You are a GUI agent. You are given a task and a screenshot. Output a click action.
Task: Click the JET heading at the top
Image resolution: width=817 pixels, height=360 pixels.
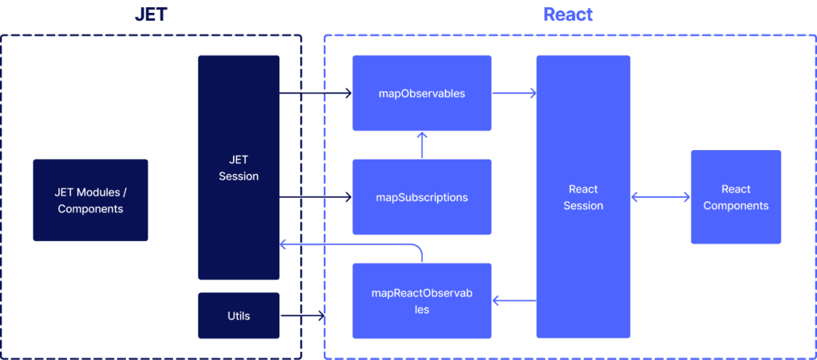(x=150, y=14)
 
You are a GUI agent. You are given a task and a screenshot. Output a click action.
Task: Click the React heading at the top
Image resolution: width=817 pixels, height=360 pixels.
(x=568, y=14)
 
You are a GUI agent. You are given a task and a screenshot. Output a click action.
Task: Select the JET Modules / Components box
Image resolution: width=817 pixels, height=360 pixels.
(x=90, y=200)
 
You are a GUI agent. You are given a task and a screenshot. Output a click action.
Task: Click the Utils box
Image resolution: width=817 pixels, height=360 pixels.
(x=239, y=315)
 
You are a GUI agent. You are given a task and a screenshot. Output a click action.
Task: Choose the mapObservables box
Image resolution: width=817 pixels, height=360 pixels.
(x=422, y=93)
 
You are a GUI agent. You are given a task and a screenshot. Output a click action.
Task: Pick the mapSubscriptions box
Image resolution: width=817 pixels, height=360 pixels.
(x=422, y=197)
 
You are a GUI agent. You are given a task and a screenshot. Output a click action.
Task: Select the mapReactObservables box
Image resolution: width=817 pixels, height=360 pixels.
(x=422, y=300)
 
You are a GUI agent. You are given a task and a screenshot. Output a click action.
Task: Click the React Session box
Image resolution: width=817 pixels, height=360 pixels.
(x=583, y=197)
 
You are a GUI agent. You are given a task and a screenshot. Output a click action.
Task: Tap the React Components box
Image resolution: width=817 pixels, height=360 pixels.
(x=736, y=197)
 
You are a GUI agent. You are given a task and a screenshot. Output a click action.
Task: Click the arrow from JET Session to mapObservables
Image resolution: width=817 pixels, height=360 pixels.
(x=315, y=93)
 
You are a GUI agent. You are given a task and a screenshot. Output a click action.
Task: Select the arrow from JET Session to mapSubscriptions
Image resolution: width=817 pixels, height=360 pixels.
(x=315, y=197)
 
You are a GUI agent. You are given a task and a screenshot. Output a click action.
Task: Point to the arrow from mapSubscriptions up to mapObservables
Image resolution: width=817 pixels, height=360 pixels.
(x=422, y=145)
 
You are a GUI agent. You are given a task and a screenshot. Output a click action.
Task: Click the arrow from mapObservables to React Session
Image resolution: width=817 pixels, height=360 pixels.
(x=514, y=93)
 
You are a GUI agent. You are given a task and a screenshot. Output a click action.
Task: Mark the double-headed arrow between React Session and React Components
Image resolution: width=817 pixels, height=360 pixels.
(x=661, y=197)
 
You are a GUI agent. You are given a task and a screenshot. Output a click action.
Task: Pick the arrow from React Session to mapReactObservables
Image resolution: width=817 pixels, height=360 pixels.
(x=514, y=301)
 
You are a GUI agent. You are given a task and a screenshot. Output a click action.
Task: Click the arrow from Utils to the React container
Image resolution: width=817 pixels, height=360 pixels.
(x=302, y=316)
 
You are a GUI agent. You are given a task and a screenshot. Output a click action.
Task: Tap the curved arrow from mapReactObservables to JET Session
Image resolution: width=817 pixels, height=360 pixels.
(x=351, y=243)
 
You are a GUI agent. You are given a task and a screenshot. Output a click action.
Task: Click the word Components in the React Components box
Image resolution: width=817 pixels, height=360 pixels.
(x=736, y=206)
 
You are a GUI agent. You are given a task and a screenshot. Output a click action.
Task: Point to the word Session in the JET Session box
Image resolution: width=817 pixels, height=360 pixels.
(x=239, y=176)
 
